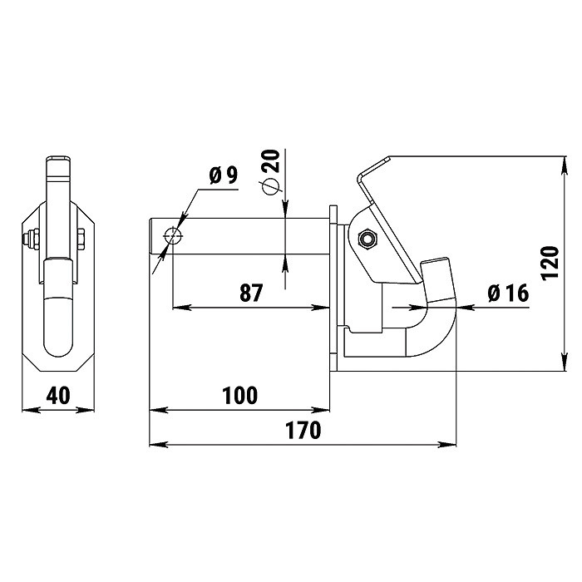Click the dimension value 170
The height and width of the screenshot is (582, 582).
pos(303,430)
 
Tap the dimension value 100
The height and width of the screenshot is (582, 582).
pos(239,396)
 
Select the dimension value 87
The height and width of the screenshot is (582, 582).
pos(251,293)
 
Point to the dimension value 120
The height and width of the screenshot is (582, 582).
pos(550,263)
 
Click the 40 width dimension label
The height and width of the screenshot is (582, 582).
pos(58,396)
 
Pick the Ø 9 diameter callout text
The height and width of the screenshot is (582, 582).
pos(223,175)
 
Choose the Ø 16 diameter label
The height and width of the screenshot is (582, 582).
pos(508,293)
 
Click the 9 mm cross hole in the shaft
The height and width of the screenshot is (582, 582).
pos(173,235)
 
